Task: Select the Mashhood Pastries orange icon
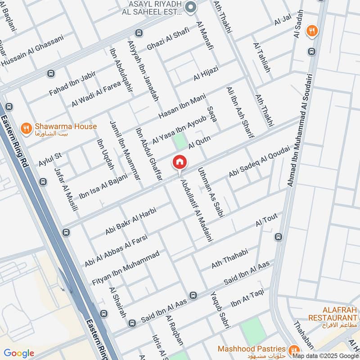coord(295,350)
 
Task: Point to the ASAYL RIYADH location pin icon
coord(190,7)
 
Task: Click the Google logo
coord(19,353)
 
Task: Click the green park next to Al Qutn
coord(180,141)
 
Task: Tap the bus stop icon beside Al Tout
coord(278,237)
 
